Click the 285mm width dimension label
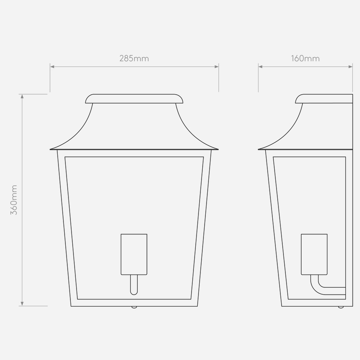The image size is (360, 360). pyautogui.click(x=134, y=58)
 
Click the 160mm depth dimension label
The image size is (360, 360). pyautogui.click(x=305, y=58)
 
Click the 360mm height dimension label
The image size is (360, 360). pyautogui.click(x=14, y=200)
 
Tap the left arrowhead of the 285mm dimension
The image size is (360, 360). pyautogui.click(x=52, y=67)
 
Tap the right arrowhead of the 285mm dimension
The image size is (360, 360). pyautogui.click(x=217, y=67)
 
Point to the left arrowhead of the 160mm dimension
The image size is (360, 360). pyautogui.click(x=260, y=67)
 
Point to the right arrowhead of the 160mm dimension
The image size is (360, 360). pyautogui.click(x=350, y=67)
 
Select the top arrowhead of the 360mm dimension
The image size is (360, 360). pyautogui.click(x=22, y=96)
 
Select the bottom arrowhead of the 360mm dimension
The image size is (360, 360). pyautogui.click(x=22, y=304)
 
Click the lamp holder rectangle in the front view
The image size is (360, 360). pyautogui.click(x=134, y=254)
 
